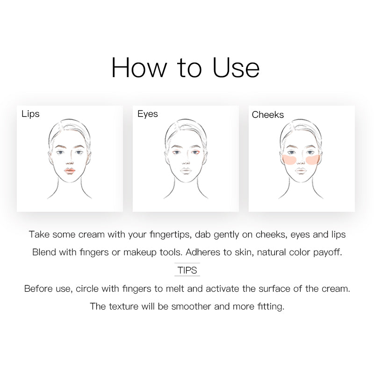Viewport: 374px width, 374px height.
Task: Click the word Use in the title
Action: click(x=236, y=68)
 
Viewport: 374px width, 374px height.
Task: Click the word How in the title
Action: click(x=139, y=68)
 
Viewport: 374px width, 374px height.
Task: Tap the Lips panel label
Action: click(x=30, y=114)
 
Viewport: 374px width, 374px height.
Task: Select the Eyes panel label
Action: click(x=148, y=114)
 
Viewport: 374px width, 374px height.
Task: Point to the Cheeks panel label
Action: click(x=267, y=115)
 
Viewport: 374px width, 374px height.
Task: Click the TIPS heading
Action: click(x=187, y=270)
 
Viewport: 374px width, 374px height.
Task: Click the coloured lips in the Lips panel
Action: click(x=70, y=171)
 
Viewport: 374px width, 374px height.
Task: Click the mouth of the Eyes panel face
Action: click(x=186, y=171)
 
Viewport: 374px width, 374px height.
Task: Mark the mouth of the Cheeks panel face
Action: click(x=301, y=171)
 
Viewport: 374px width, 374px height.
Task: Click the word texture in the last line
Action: click(x=123, y=306)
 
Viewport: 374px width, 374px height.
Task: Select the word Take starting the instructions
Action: click(x=39, y=235)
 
